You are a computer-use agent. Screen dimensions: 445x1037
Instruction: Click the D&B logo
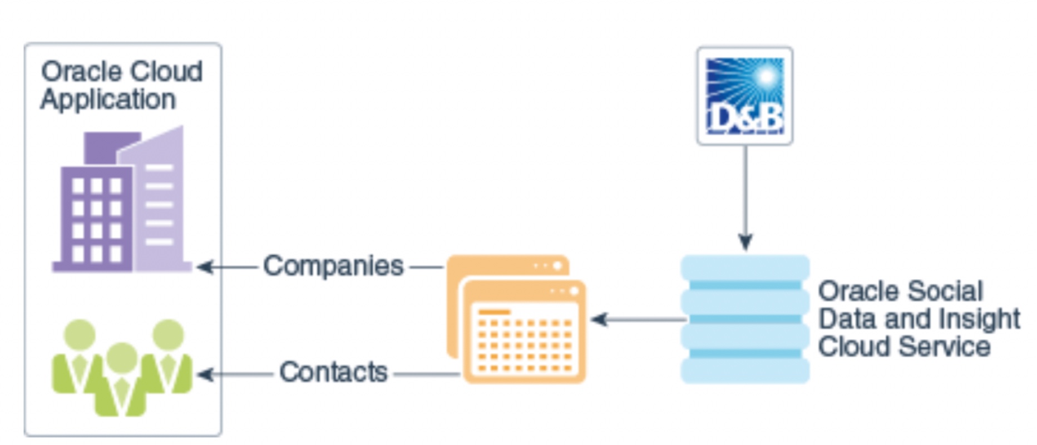[x=745, y=96]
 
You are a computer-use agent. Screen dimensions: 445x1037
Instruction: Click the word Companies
[x=333, y=266]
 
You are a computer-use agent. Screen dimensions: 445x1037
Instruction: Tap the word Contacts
[x=333, y=372]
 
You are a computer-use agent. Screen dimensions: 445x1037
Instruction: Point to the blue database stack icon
[x=745, y=319]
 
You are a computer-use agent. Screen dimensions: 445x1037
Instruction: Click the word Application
[x=108, y=100]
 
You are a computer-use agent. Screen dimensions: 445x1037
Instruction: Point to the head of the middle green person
[x=122, y=358]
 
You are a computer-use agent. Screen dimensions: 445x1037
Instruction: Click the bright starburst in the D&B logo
[x=767, y=77]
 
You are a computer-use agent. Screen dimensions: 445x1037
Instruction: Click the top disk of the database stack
[x=745, y=268]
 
